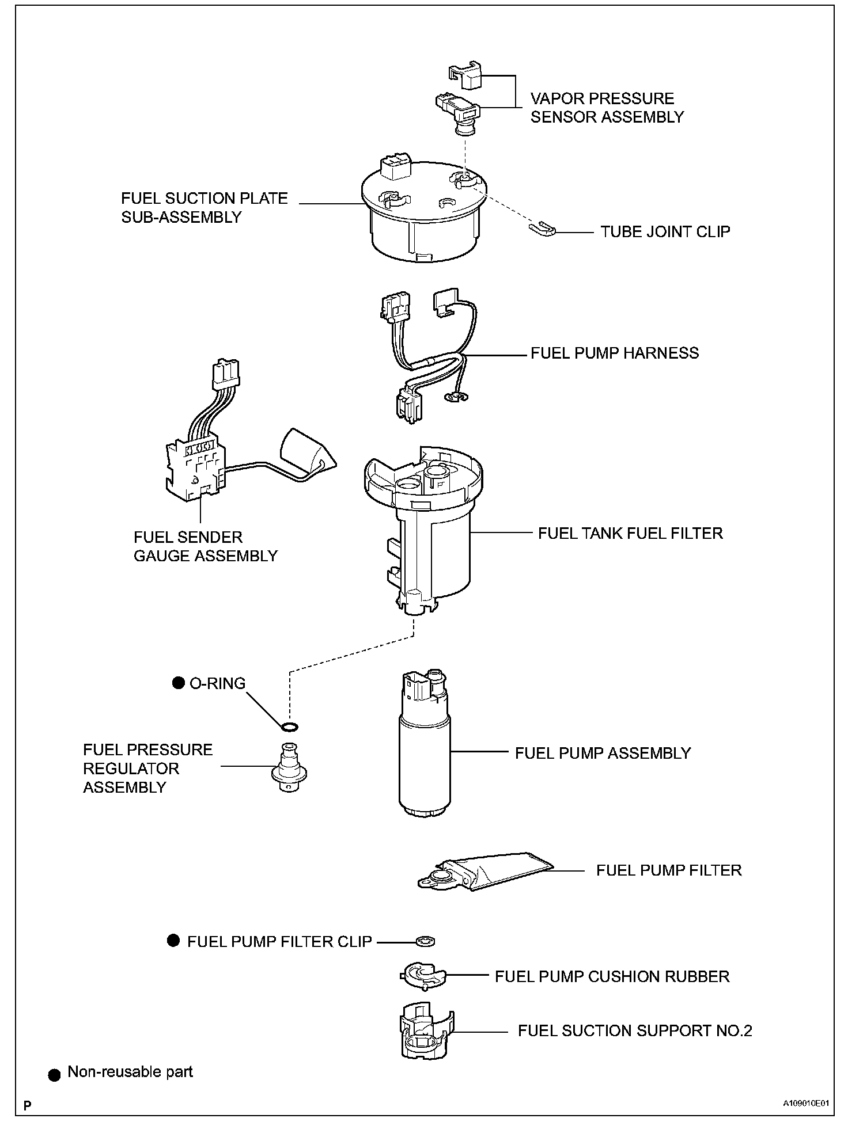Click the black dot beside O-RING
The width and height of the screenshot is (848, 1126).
[179, 683]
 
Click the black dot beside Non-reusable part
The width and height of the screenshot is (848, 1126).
[54, 1074]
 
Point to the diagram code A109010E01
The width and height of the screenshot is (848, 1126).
[805, 1104]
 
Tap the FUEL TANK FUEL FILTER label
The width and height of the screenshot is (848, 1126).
[630, 533]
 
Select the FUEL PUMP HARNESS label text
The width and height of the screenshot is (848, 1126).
[615, 353]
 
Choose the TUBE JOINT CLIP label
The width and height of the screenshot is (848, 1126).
[665, 231]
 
